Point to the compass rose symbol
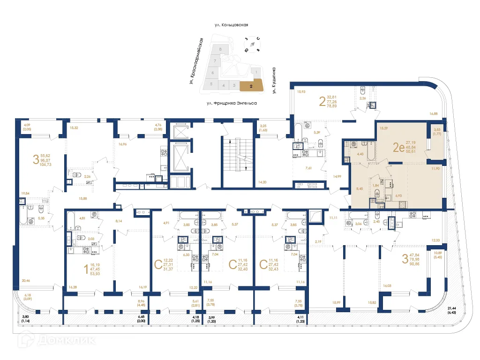coord(252,45)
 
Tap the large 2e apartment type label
coord(398,148)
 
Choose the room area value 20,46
coord(26,280)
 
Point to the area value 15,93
coord(301,91)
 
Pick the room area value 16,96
coord(123,144)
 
